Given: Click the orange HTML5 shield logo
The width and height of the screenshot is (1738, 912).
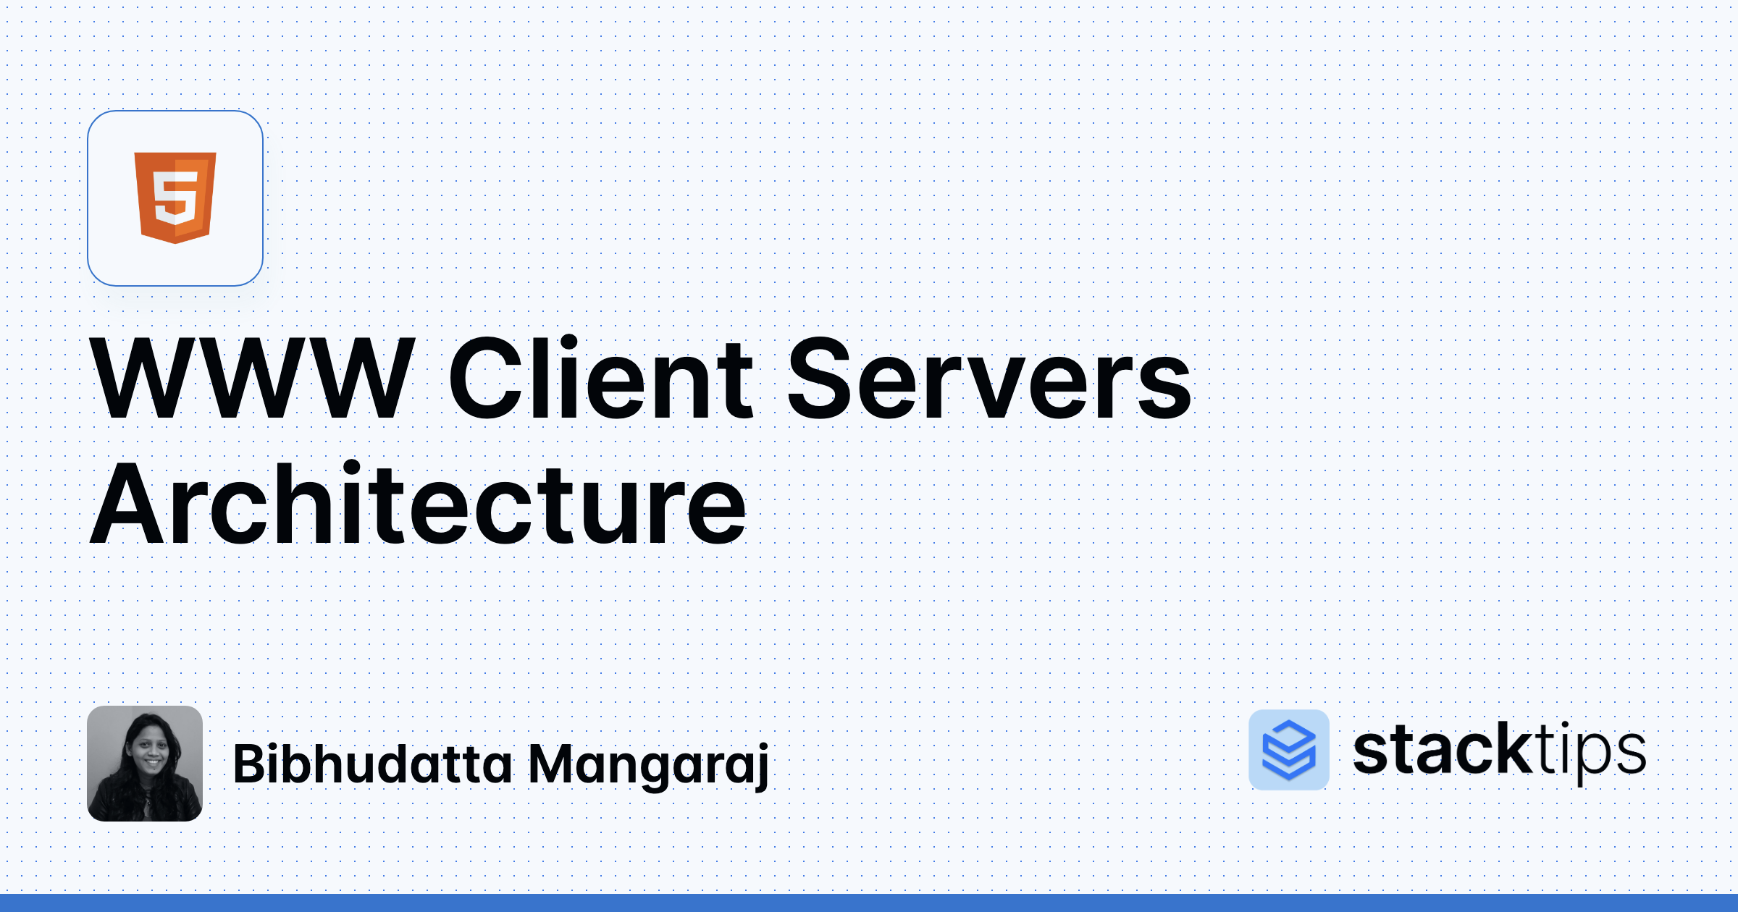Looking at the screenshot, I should click(x=175, y=198).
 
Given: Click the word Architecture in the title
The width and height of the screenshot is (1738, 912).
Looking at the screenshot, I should click(x=419, y=504).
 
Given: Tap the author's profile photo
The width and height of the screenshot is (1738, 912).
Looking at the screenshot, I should click(x=145, y=764).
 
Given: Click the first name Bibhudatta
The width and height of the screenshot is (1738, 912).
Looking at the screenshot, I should click(x=372, y=764).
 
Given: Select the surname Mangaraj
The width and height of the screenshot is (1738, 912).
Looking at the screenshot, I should click(x=648, y=766).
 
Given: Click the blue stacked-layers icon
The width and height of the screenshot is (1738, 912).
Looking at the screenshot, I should click(x=1289, y=750).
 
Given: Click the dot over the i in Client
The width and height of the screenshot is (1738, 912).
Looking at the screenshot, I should click(x=568, y=343).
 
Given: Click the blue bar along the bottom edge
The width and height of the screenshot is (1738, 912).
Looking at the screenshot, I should click(x=869, y=903).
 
